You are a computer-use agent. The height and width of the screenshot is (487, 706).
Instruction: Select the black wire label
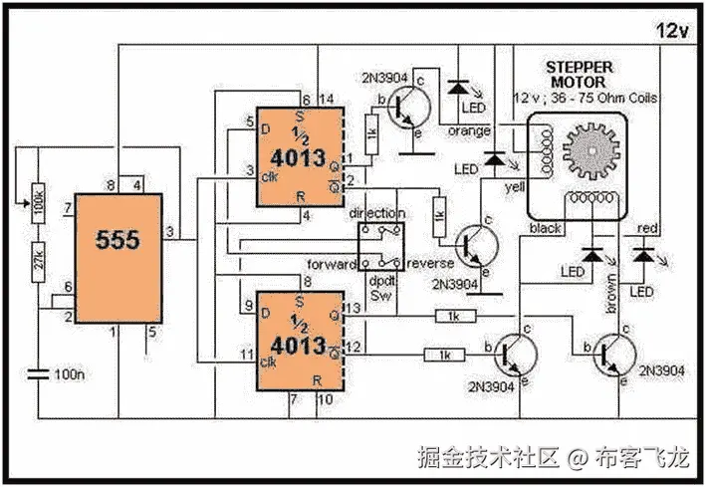546,228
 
